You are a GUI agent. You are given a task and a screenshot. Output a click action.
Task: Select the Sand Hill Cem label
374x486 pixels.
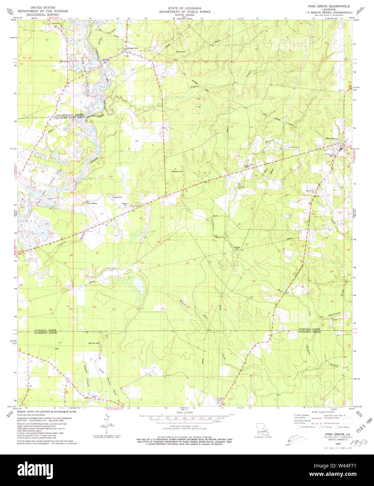tap(95, 343)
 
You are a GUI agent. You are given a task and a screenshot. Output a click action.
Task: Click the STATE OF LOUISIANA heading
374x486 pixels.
tap(185, 8)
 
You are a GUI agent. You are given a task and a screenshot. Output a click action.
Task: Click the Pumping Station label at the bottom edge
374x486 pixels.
tap(220, 399)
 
